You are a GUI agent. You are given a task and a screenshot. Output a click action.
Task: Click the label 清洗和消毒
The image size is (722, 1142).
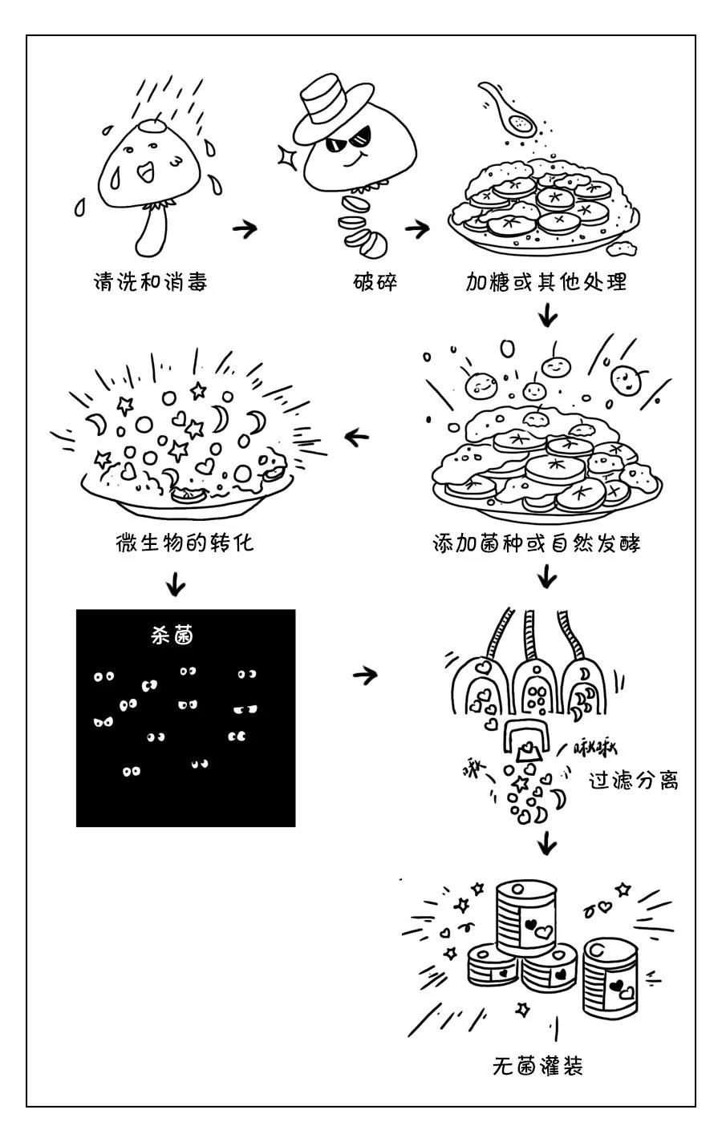151,283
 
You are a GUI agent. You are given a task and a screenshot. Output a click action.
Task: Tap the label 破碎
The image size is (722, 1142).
375,283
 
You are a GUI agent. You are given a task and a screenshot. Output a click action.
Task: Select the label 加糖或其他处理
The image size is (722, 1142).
546,283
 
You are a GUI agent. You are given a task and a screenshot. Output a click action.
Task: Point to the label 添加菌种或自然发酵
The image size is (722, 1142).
536,544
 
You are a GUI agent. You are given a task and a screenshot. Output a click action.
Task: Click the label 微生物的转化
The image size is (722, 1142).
185,543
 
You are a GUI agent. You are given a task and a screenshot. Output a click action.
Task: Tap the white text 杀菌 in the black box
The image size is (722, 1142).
172,636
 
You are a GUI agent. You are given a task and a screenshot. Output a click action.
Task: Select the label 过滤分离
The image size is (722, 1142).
634,780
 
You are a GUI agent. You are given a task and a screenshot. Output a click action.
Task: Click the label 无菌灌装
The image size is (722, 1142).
537,1066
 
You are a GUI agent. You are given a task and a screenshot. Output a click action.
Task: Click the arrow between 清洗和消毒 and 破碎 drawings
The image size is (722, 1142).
245,229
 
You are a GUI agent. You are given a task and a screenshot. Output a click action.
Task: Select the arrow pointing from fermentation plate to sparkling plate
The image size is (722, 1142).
356,437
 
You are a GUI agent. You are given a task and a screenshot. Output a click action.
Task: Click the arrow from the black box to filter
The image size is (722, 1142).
365,675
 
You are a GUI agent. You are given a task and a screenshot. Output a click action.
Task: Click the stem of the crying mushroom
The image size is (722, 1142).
154,232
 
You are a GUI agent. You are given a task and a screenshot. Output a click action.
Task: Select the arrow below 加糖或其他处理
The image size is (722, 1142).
547,314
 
